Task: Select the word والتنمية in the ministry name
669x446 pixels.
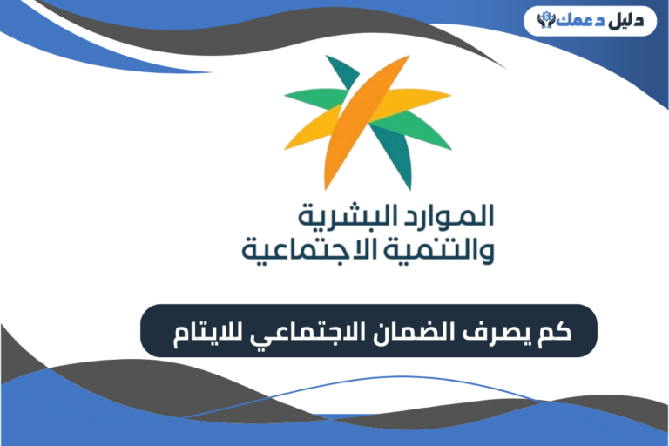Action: pos(444,251)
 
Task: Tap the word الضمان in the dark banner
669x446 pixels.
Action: pos(429,331)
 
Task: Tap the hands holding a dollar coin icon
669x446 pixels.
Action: pos(547,18)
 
